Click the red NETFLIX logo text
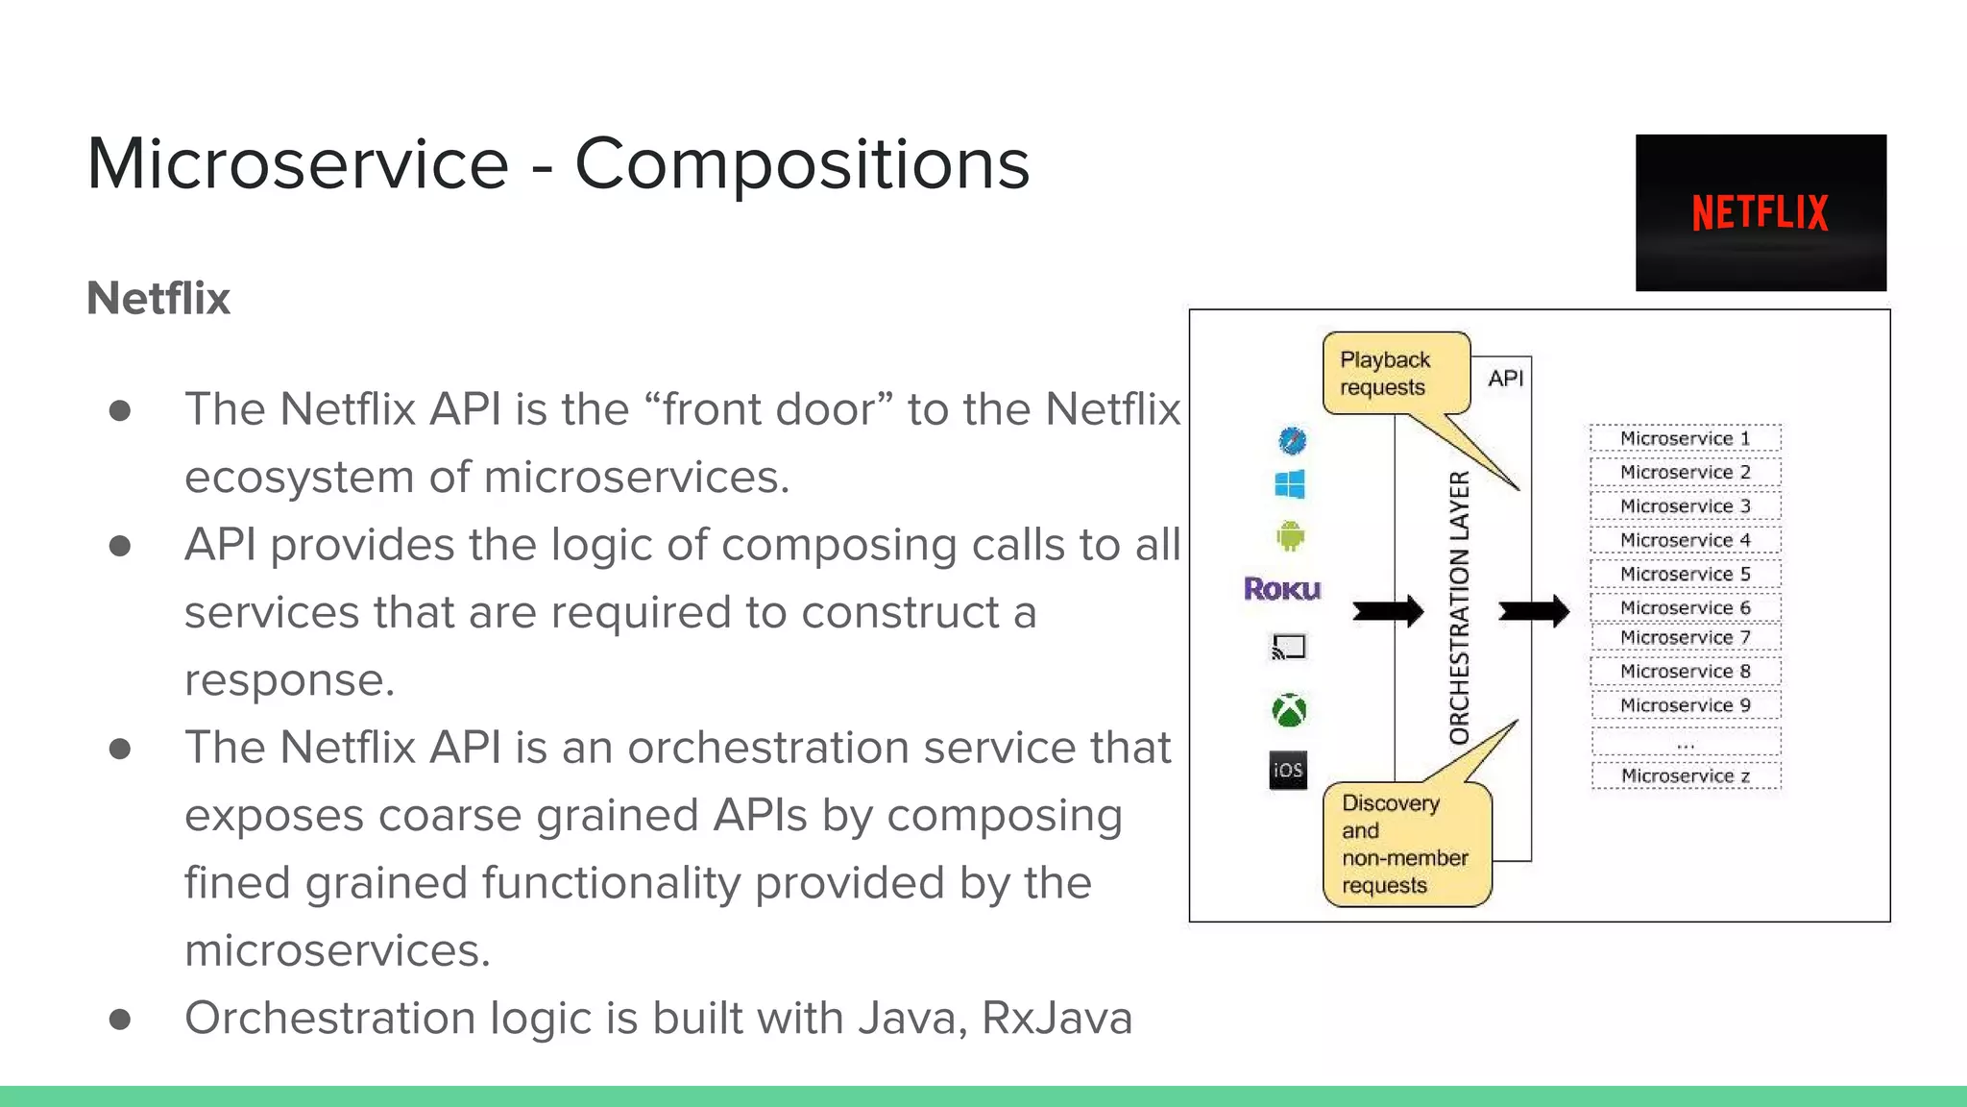coord(1760,212)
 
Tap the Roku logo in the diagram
coord(1282,588)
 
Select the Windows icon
coord(1289,484)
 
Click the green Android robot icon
coord(1290,535)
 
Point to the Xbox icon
coord(1289,710)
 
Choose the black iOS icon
coord(1288,770)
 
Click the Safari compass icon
coord(1292,440)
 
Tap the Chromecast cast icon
coord(1288,647)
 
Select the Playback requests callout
coord(1395,374)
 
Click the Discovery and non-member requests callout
coord(1405,844)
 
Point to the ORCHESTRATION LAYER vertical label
coord(1459,607)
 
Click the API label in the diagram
coord(1506,379)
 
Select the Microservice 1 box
coord(1685,438)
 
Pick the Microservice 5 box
coord(1685,574)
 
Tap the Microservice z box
coord(1685,775)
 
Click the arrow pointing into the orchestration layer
coord(1388,610)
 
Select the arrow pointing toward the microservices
coord(1534,610)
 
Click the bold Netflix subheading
coord(158,298)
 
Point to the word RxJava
coord(1056,1018)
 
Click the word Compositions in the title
coord(802,163)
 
